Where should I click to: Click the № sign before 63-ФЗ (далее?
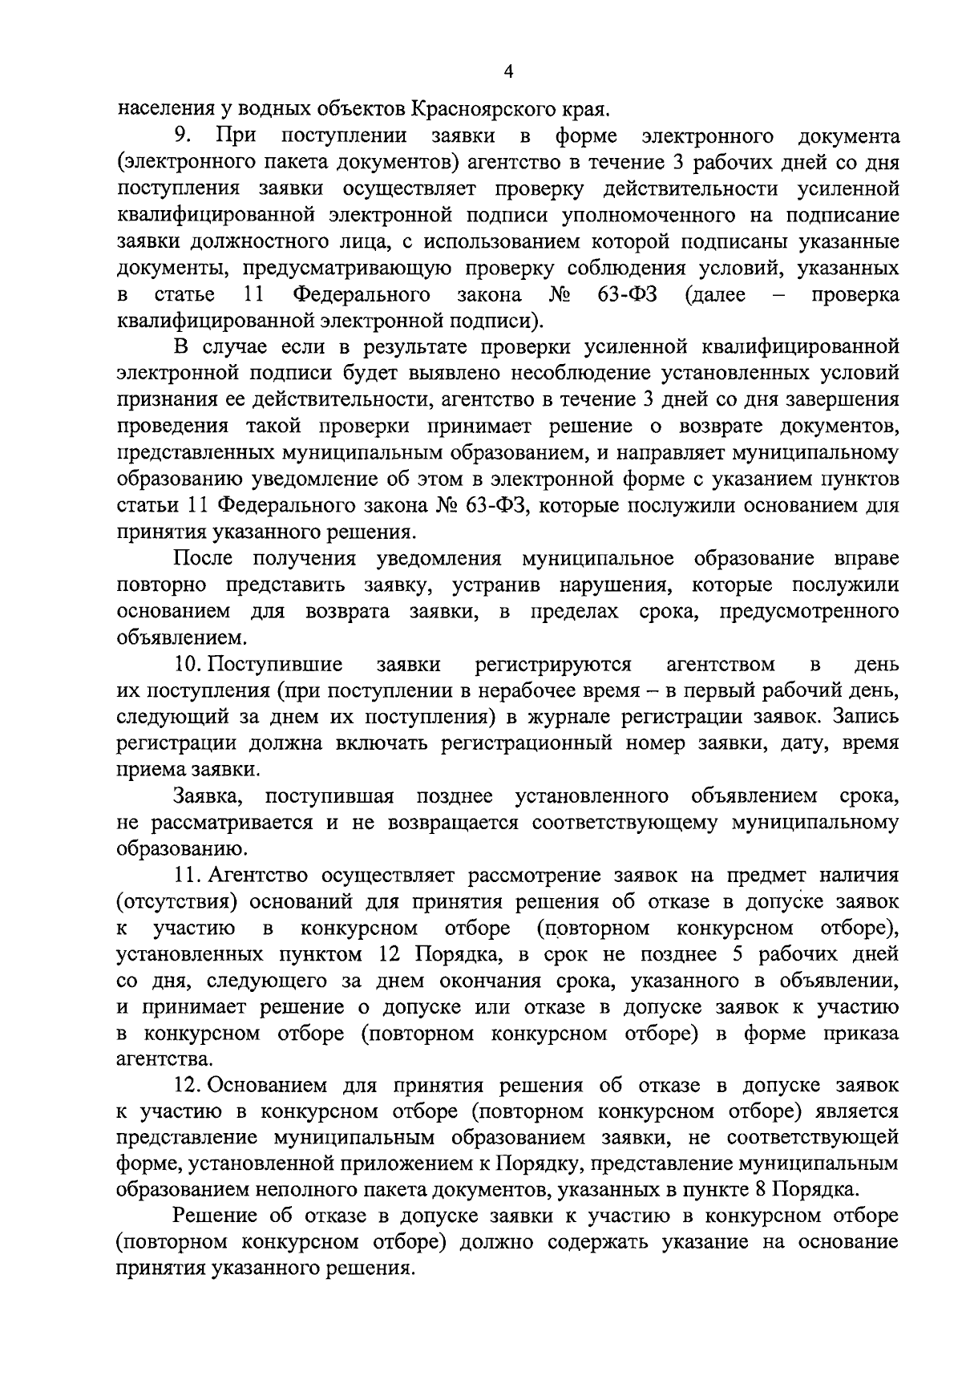point(560,294)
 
